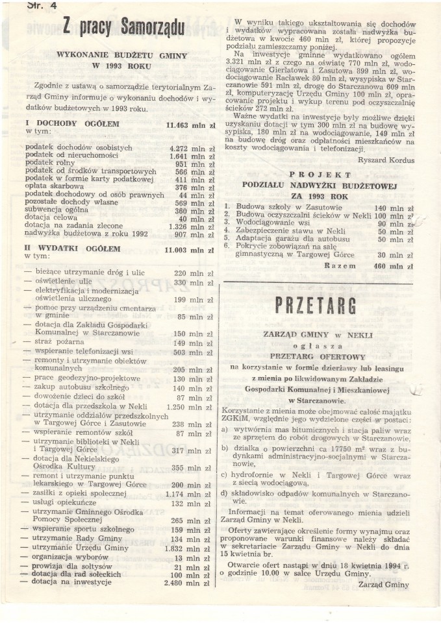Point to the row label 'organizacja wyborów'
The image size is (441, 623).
(71, 557)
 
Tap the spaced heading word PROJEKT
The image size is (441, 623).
(320, 175)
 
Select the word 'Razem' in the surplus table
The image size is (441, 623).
(340, 266)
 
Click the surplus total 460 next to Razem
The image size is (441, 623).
(383, 266)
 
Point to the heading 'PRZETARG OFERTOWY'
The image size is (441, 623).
(318, 356)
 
